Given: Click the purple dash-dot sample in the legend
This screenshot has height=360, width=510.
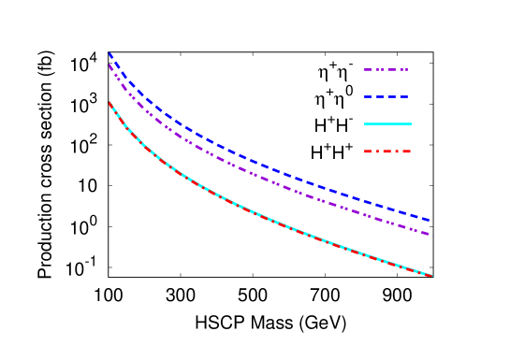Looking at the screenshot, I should [386, 70].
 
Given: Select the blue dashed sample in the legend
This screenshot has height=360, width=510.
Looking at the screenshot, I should [386, 97].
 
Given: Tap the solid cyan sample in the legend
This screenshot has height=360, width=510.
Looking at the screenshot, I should [387, 123].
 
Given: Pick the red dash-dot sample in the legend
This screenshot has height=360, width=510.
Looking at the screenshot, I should [387, 151].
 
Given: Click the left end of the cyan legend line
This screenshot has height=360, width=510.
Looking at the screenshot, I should [365, 123].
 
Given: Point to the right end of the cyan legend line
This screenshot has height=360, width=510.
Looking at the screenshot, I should [410, 123].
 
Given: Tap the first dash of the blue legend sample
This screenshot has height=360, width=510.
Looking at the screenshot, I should [369, 97].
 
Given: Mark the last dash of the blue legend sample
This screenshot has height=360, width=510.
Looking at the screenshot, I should [403, 97].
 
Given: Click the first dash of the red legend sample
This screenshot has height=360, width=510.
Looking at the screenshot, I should [370, 151].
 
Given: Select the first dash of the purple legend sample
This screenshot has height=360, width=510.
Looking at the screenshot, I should [369, 70].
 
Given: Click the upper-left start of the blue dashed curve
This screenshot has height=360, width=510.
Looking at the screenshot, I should [109, 53].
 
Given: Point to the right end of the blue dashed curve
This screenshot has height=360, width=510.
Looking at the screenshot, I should [429, 221].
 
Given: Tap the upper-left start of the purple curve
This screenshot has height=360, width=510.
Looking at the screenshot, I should [109, 65].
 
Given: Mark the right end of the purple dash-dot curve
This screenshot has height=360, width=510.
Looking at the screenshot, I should [429, 234].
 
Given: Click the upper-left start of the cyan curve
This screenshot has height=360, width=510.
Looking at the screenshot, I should [109, 102].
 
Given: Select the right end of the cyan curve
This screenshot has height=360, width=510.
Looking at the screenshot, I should [431, 276].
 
